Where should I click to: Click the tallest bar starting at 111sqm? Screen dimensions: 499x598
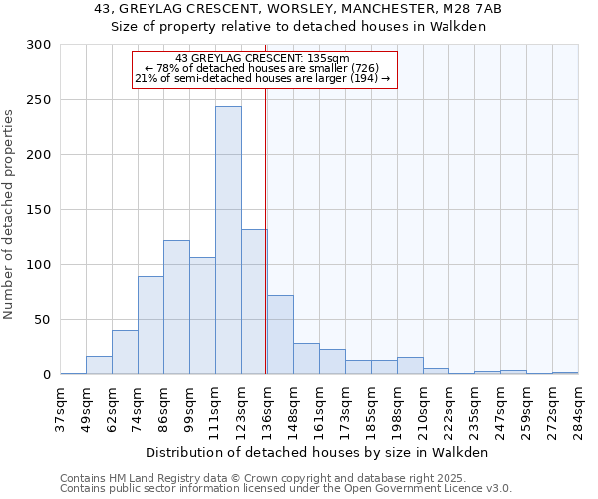coord(228,241)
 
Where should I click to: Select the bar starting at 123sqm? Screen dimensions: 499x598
coord(254,301)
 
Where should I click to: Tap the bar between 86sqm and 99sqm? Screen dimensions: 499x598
coord(176,307)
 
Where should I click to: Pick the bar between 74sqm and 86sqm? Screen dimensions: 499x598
coord(150,325)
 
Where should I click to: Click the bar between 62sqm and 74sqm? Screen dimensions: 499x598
coord(125,352)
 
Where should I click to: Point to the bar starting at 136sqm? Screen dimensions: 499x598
coord(280,335)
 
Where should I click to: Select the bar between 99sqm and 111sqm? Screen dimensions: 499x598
coord(202,315)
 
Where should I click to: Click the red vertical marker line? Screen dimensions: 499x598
coord(266,220)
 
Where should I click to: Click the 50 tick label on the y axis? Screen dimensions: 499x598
coord(42,320)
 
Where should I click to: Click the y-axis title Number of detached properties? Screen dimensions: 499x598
coord(9,214)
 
